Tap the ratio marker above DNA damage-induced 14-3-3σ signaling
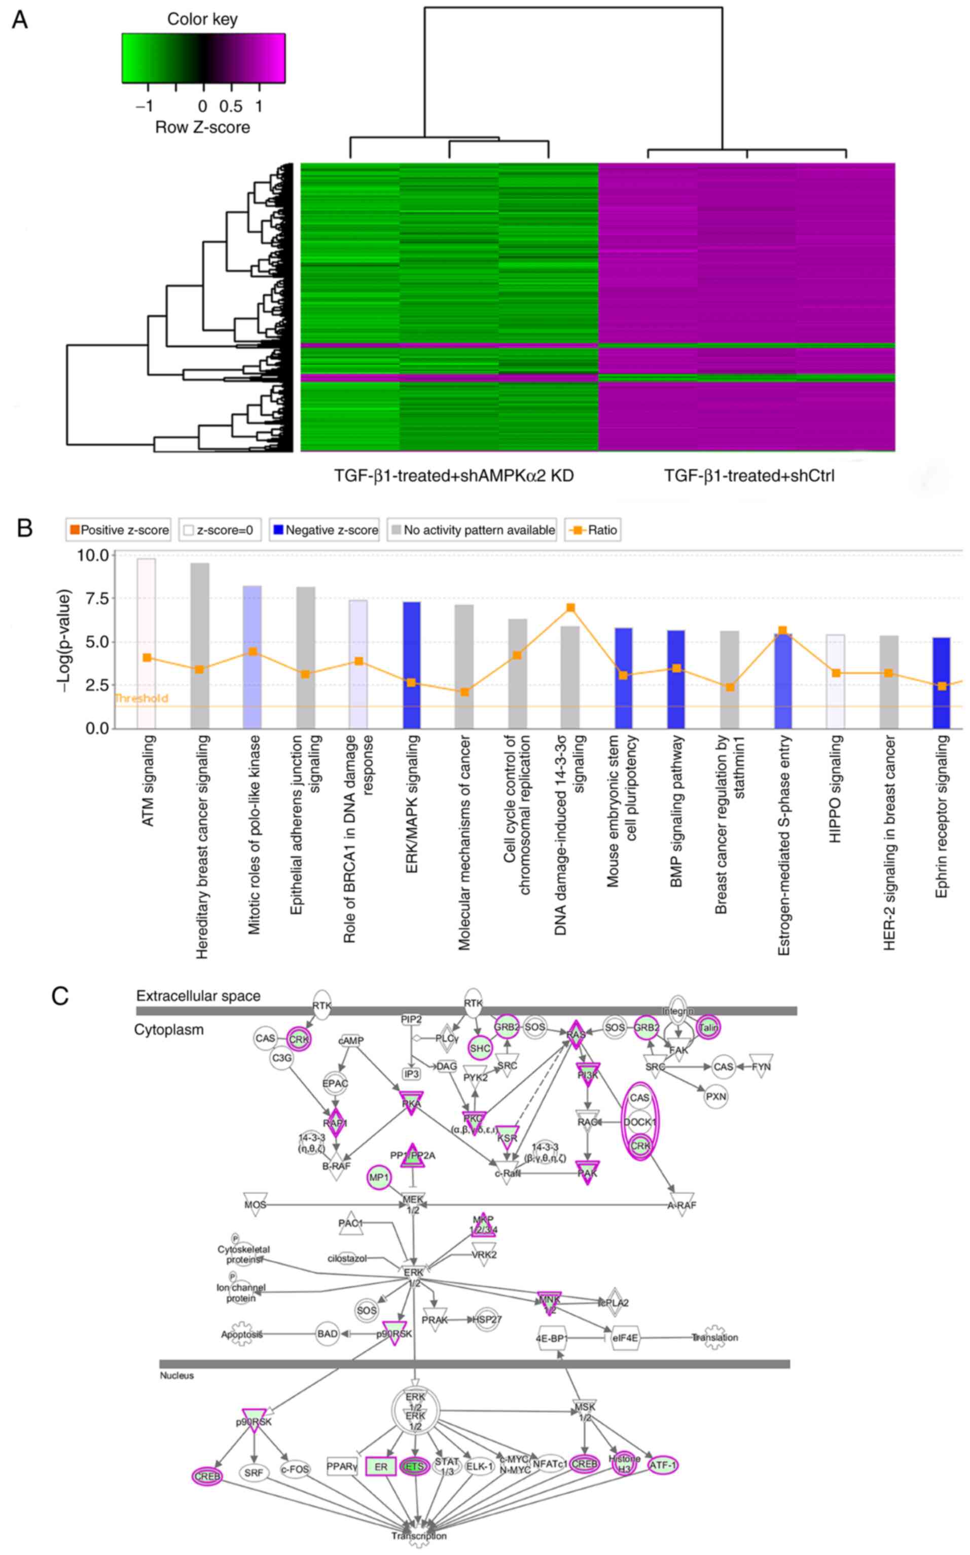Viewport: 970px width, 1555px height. tap(570, 607)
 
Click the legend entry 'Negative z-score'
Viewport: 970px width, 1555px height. tap(325, 530)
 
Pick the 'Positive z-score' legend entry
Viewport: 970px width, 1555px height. tap(119, 530)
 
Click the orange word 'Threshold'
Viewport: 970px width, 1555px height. tap(141, 698)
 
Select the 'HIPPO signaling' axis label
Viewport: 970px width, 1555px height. tap(835, 788)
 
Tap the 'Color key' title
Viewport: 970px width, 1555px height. tap(202, 19)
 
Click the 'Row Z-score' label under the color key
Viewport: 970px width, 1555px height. tap(202, 127)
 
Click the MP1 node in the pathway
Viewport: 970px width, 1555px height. tap(378, 1178)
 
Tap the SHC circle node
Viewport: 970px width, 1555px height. tap(480, 1049)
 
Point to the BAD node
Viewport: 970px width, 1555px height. tap(327, 1334)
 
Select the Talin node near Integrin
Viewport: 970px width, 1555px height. tap(708, 1028)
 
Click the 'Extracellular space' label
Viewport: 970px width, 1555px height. tap(198, 996)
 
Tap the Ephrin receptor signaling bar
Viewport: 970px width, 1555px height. tap(941, 682)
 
